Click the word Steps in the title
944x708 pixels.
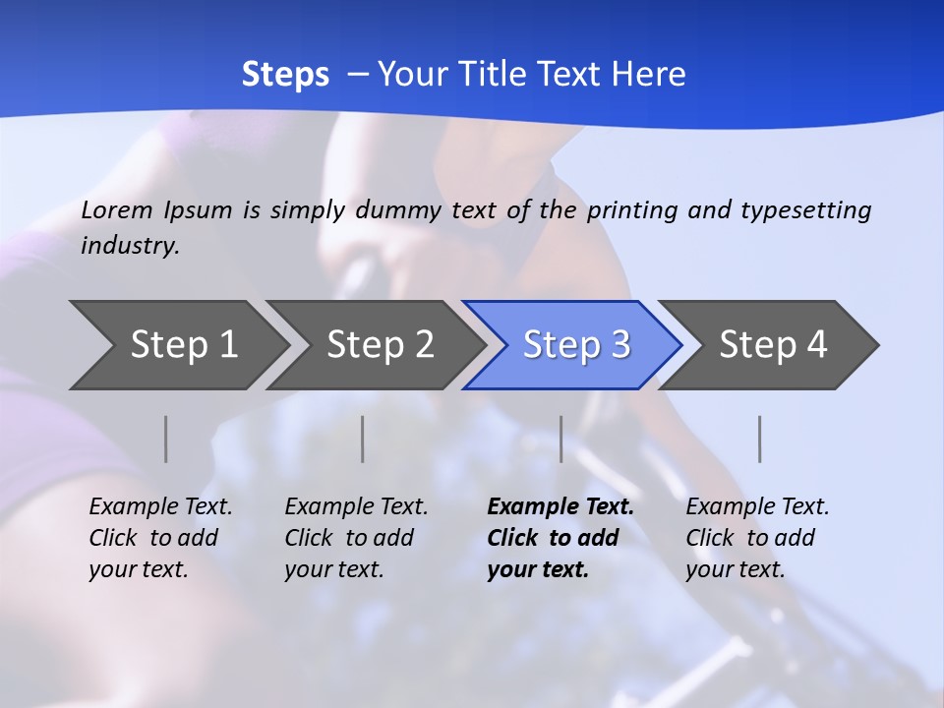tap(285, 75)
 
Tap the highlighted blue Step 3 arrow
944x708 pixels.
tap(576, 345)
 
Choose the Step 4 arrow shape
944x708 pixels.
tap(773, 345)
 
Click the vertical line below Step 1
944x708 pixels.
tap(166, 439)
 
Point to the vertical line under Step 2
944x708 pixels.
tap(363, 439)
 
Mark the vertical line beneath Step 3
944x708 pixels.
tap(561, 439)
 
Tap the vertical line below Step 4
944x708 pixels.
tap(760, 439)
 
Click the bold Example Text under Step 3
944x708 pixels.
tap(560, 538)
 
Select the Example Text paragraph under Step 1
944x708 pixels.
tap(160, 538)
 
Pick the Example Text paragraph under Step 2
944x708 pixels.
tap(356, 538)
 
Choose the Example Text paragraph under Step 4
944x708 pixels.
tap(757, 538)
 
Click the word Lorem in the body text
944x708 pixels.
tap(117, 209)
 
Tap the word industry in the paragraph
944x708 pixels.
tap(129, 246)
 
